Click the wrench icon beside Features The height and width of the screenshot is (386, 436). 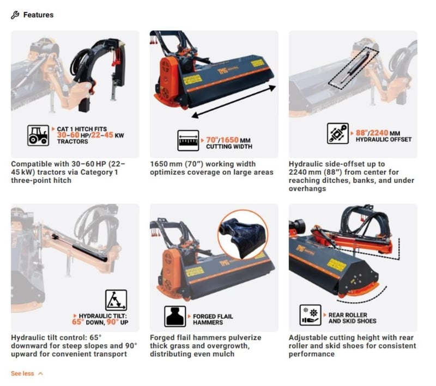tap(15, 15)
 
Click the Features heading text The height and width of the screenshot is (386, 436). tap(38, 15)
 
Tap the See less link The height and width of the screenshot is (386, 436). tap(22, 373)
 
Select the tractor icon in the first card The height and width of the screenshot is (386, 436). tap(38, 135)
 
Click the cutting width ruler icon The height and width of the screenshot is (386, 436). tap(188, 140)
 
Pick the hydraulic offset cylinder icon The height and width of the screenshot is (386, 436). tap(338, 133)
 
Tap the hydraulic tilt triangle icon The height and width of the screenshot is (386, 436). tap(116, 300)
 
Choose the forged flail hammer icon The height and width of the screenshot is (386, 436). tap(175, 316)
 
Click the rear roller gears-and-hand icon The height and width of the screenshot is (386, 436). tap(310, 315)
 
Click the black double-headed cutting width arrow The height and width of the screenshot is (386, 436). tap(234, 102)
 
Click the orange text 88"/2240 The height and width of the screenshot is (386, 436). tap(372, 133)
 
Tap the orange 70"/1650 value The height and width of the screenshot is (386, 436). tap(222, 140)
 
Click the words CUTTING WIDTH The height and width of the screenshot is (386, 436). tap(229, 146)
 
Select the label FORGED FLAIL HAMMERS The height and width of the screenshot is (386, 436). tap(213, 320)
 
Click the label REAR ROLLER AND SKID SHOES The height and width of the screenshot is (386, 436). tap(352, 318)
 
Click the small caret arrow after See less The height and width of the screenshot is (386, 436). tap(40, 373)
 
